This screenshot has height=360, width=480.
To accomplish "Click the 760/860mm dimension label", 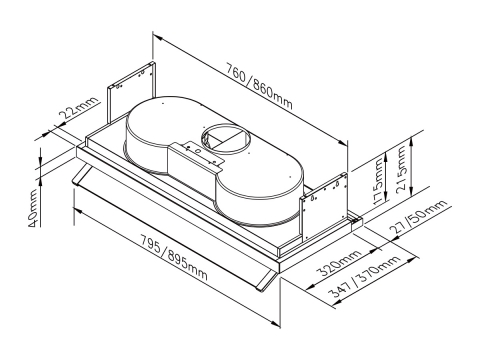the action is (x=259, y=86).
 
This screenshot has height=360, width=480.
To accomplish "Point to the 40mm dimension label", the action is (x=33, y=208).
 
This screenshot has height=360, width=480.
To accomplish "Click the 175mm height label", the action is (x=378, y=181).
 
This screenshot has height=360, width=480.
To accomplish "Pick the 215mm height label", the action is (x=401, y=168).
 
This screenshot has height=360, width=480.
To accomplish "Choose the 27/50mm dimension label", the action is (x=418, y=217).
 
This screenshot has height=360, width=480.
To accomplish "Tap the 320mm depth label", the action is (x=339, y=263).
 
